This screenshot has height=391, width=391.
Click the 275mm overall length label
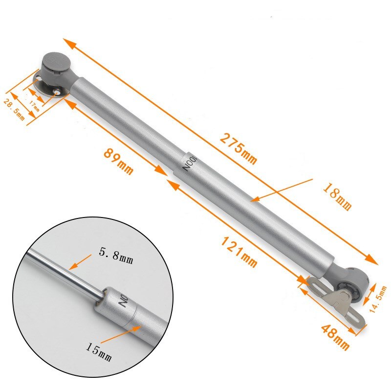[238, 149]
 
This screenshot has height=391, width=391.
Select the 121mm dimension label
[239, 251]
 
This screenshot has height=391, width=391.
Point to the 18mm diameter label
[337, 196]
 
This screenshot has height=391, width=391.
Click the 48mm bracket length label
[335, 337]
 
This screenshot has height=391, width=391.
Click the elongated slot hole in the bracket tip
[356, 318]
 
